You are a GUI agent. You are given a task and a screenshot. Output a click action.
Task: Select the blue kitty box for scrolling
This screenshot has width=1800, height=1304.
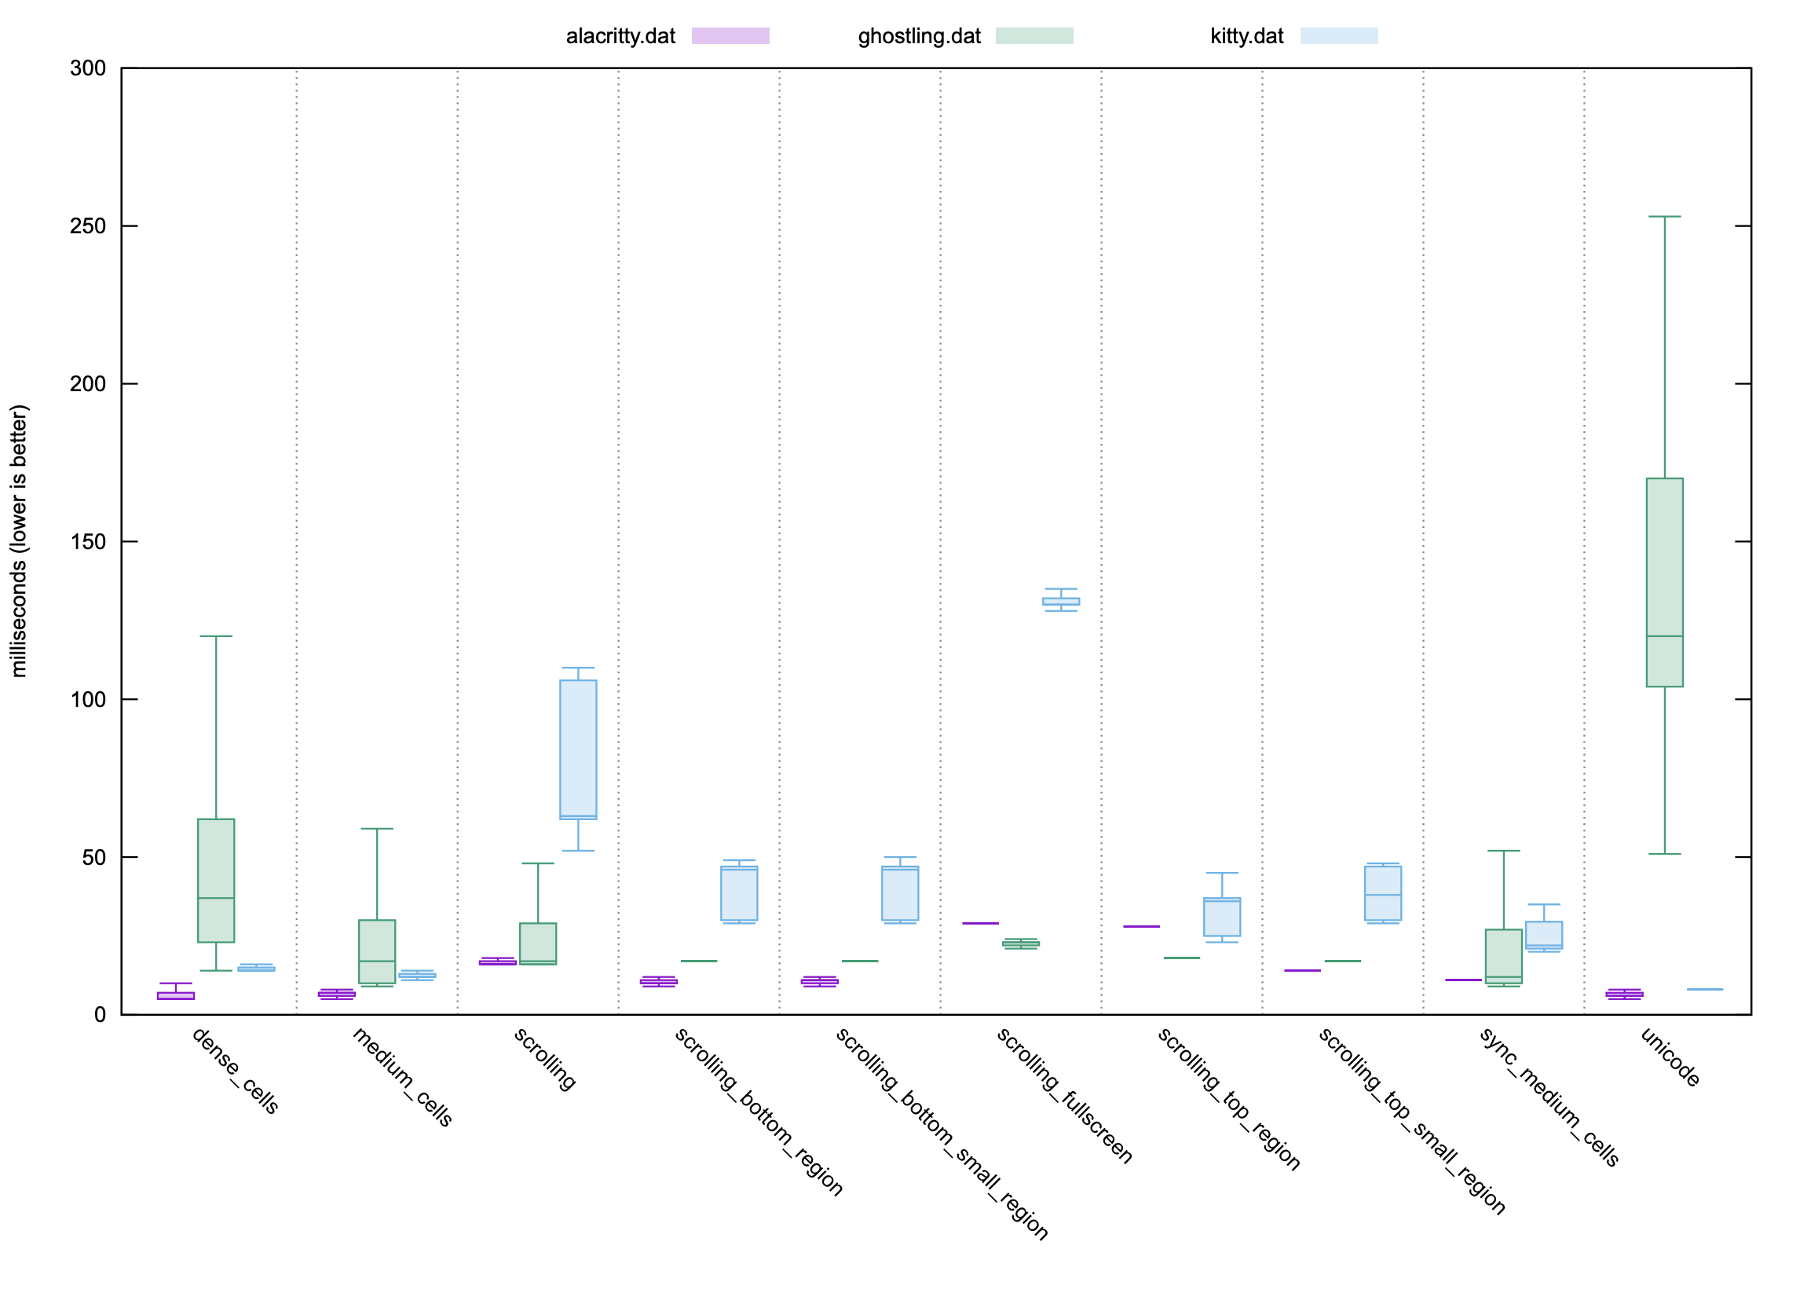(578, 749)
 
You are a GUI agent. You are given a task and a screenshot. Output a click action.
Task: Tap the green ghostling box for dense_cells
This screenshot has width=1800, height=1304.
(216, 880)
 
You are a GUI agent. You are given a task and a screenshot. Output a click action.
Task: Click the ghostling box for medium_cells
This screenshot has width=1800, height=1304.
(377, 951)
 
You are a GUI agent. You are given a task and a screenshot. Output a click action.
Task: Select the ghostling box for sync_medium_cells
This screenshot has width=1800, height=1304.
(1503, 956)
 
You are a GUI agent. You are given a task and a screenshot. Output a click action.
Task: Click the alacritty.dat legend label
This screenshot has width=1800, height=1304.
(620, 36)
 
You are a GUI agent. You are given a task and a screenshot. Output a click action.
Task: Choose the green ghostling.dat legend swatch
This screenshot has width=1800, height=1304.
(1034, 35)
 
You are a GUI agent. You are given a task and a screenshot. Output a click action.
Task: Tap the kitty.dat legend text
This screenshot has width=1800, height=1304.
(1246, 36)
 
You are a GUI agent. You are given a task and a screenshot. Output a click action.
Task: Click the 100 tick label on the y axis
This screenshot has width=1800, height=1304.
(87, 699)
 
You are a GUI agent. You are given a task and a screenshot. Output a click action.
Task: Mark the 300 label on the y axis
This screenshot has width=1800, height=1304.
(87, 68)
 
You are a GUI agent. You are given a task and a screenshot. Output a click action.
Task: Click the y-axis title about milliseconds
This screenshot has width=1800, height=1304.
(19, 540)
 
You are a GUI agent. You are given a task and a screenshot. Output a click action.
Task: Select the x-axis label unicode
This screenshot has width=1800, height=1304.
(1670, 1057)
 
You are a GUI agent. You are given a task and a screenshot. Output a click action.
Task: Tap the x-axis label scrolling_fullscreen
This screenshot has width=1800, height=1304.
(1063, 1096)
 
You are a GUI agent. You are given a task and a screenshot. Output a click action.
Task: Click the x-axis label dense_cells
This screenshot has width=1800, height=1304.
(235, 1071)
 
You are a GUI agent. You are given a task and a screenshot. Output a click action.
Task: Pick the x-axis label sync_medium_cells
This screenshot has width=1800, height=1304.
(1549, 1097)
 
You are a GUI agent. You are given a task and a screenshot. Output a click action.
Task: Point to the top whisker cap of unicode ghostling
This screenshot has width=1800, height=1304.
(1664, 217)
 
